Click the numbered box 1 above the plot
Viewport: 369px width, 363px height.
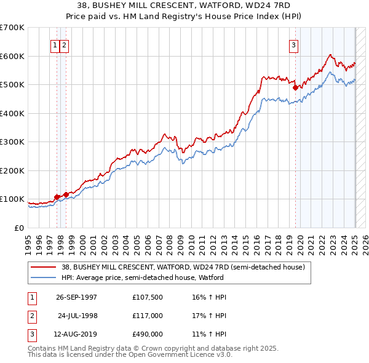[x=55, y=44]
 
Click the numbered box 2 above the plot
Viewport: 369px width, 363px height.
[x=65, y=44]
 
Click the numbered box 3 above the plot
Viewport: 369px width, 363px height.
[x=294, y=44]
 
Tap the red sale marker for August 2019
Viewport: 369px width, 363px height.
[x=295, y=87]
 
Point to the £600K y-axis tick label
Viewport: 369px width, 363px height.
[x=12, y=56]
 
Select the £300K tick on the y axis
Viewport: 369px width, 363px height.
[x=12, y=142]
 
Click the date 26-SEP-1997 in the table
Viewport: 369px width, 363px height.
[x=76, y=297]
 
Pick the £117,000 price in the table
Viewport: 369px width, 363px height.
[x=148, y=316]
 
